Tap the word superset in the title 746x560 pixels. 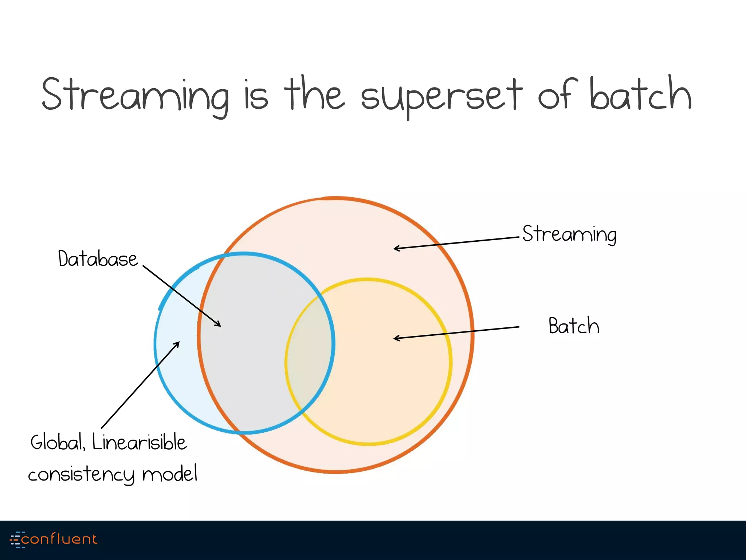[x=441, y=96]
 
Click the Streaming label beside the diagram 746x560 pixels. [x=569, y=234]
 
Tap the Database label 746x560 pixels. [x=98, y=259]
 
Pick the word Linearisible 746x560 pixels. [x=140, y=443]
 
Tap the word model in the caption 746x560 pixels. [x=170, y=474]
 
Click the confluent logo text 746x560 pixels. [x=59, y=539]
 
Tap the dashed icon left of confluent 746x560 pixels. [x=16, y=540]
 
